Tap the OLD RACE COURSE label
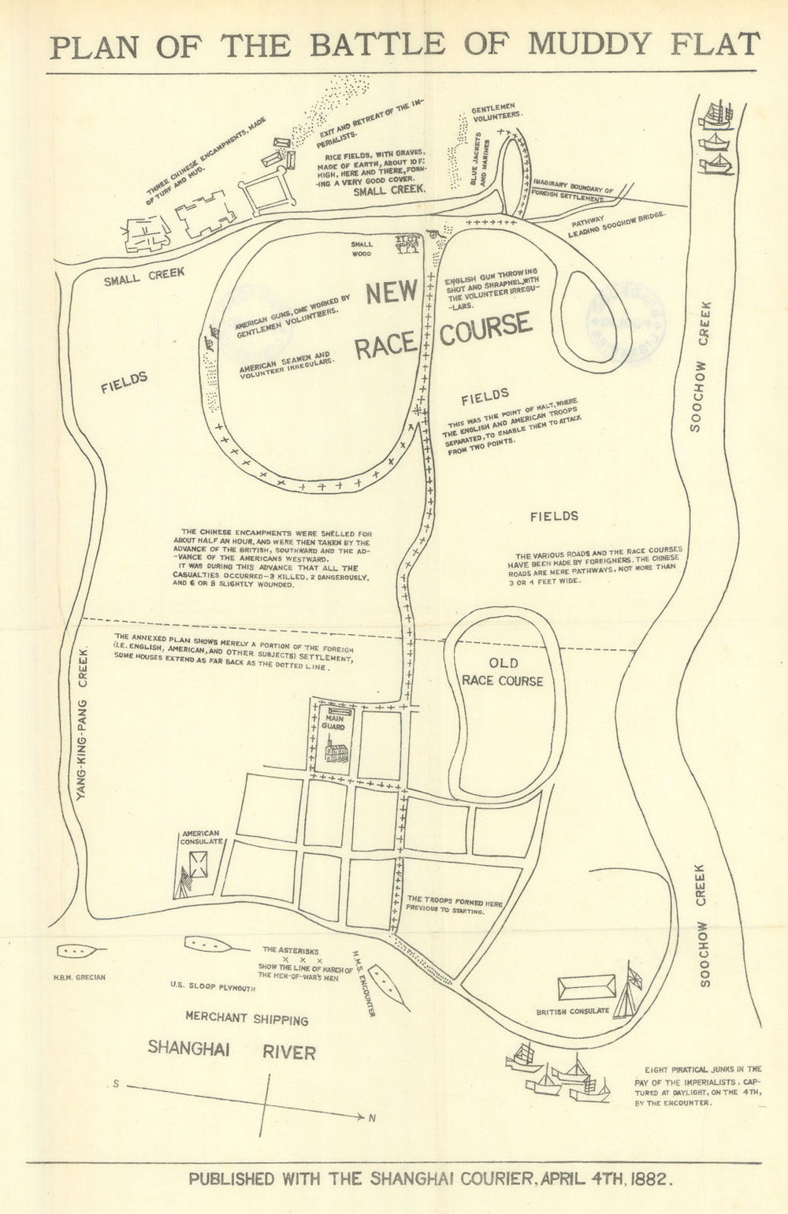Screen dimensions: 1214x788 coord(502,670)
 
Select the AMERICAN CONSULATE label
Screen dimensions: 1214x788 coord(200,837)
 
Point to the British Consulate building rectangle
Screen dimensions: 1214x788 coord(586,987)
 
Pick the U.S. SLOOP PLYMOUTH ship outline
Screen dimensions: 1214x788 coord(208,943)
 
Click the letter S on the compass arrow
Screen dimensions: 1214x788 coord(115,1084)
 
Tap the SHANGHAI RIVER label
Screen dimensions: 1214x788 coord(232,1050)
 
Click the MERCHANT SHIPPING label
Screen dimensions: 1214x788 coord(246,1019)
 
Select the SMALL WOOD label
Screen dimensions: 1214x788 coord(362,249)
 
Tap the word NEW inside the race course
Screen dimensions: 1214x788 coord(391,293)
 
